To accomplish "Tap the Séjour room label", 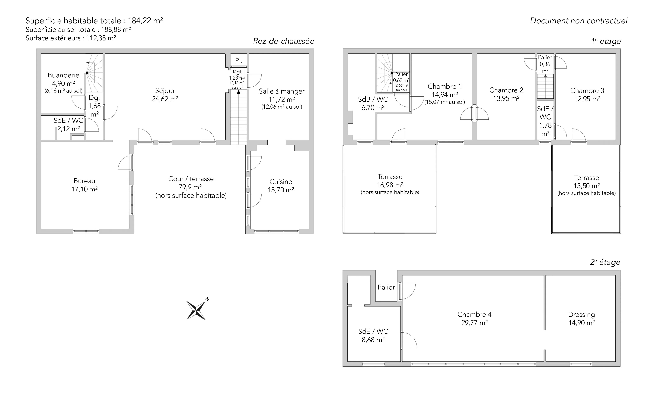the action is point(165,91).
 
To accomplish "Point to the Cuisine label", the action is point(281,181).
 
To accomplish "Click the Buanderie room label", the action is point(64,75).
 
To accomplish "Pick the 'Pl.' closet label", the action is point(238,60).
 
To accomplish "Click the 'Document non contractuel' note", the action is point(579,21).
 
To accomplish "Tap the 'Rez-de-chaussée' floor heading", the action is point(284,41).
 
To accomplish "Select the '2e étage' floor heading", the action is point(605,262).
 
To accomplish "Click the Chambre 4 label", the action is point(474,314).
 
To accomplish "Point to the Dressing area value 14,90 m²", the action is point(582,323).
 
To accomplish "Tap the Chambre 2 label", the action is point(506,90).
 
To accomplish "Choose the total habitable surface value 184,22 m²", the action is point(145,21).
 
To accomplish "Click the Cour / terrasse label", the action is point(191,179).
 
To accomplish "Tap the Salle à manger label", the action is point(281,91).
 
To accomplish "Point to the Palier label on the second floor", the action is point(386,287).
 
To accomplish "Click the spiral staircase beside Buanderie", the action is point(94,73).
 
